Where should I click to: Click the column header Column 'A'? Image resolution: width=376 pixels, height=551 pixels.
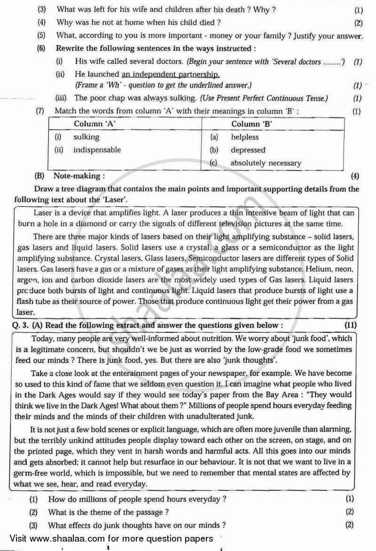click(x=95, y=124)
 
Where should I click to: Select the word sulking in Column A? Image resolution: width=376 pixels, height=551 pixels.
click(x=86, y=137)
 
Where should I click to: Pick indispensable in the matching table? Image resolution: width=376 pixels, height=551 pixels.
click(x=97, y=150)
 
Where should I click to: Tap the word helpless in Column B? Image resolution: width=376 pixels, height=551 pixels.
click(x=244, y=137)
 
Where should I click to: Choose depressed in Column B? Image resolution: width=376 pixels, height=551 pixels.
click(x=248, y=150)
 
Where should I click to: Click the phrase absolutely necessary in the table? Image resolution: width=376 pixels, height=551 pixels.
click(x=266, y=163)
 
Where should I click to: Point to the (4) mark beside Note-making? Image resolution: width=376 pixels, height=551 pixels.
click(x=355, y=176)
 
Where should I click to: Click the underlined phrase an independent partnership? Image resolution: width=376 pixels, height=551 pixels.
click(x=171, y=74)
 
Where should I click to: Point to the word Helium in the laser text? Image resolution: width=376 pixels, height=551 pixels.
click(x=319, y=270)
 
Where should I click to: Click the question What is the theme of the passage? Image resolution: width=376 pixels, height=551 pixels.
click(x=109, y=512)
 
